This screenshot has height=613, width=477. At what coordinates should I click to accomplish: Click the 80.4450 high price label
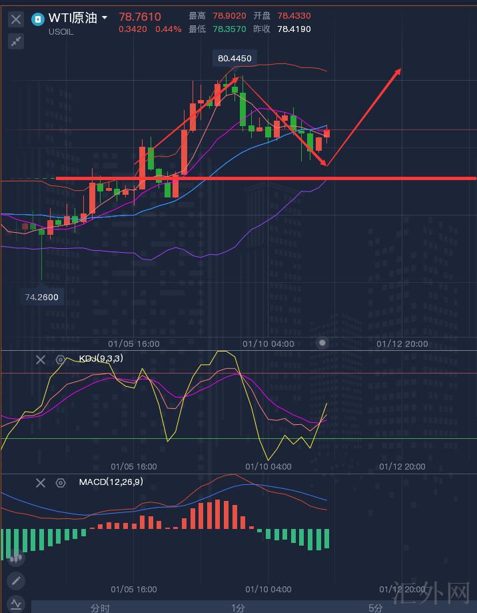235,59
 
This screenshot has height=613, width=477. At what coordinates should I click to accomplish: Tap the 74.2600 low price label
42,297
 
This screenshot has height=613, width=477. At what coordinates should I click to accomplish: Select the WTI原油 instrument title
73,17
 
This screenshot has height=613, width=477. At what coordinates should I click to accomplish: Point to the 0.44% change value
168,29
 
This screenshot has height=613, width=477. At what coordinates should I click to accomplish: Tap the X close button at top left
16,19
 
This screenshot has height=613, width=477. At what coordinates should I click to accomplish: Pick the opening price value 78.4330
294,16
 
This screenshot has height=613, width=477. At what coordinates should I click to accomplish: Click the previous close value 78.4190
294,29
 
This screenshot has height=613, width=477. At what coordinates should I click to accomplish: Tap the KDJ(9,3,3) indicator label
101,359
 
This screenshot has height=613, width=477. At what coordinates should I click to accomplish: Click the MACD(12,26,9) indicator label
111,482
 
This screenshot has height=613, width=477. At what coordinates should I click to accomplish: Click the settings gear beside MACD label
61,483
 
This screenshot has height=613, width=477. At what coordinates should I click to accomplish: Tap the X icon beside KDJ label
41,360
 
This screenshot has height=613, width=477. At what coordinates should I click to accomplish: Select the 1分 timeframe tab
238,608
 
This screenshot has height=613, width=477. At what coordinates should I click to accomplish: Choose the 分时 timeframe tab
101,608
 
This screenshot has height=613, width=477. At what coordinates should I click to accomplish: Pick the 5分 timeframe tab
376,608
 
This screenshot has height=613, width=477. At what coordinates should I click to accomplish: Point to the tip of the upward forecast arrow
400,69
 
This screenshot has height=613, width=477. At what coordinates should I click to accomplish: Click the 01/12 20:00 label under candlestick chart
402,344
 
